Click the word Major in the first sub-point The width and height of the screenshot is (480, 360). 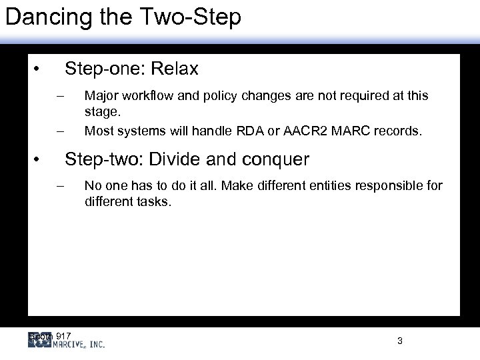99,96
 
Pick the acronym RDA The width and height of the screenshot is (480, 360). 245,131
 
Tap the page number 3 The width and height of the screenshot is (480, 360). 399,341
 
